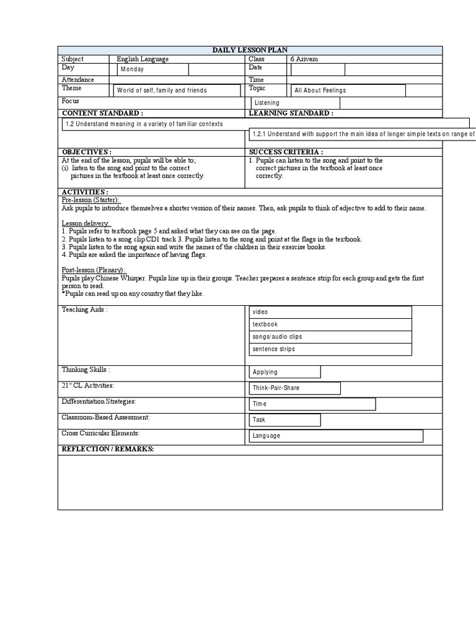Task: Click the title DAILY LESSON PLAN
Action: pos(250,50)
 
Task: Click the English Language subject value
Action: pos(143,59)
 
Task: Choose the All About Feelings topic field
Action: pos(348,90)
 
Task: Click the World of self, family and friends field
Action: pos(177,90)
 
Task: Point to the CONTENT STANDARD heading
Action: pos(102,113)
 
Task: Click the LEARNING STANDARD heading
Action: pos(291,113)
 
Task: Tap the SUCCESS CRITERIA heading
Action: pos(286,152)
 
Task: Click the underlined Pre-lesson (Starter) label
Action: pos(90,200)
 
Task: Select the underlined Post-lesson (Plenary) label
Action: pos(93,270)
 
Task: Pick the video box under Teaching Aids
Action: pos(330,312)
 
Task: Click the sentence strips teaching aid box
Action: pos(330,349)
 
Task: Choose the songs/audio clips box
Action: pos(330,337)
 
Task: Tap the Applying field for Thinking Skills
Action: pos(284,372)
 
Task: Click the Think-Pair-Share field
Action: pos(294,388)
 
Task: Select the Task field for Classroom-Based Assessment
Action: pos(284,420)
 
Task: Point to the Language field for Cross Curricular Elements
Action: pos(335,436)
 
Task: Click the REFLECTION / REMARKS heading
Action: pos(107,449)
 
